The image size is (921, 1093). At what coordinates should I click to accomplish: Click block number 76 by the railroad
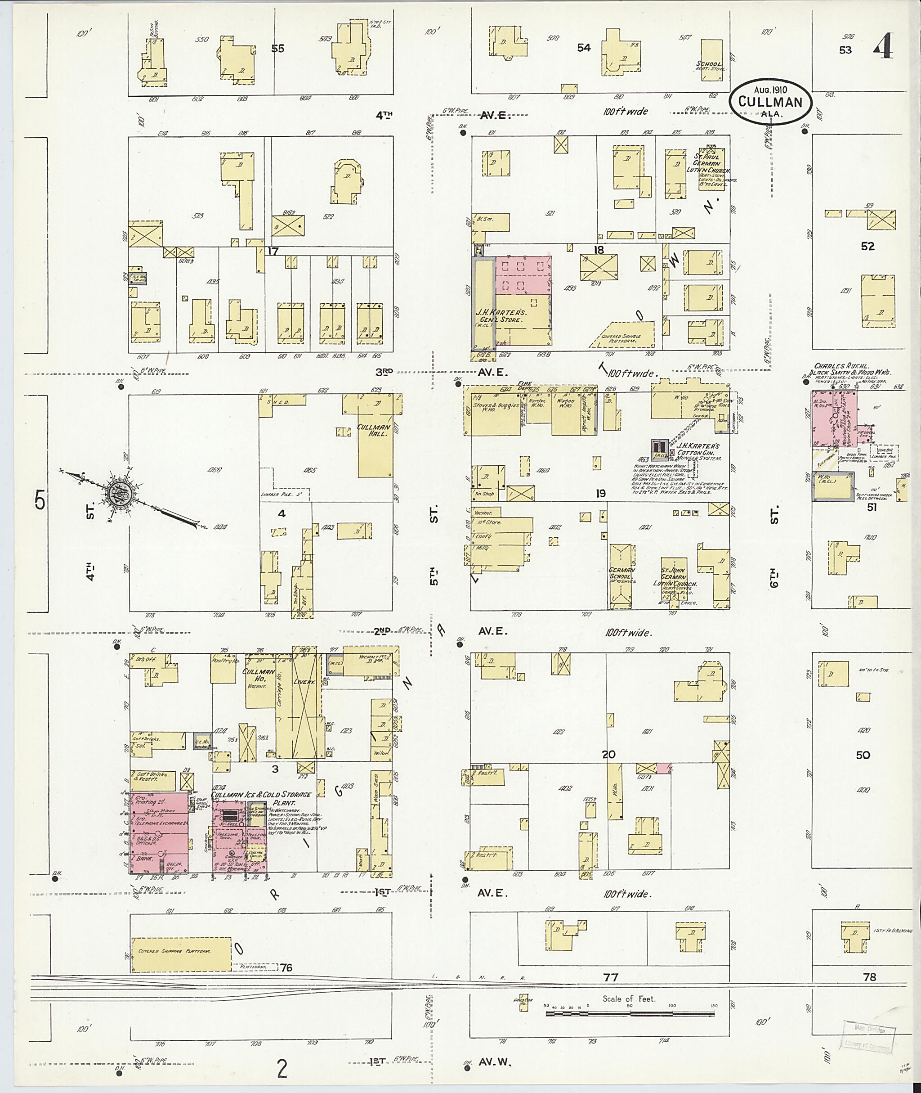[x=286, y=967]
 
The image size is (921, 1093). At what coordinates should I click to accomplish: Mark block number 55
[x=278, y=49]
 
